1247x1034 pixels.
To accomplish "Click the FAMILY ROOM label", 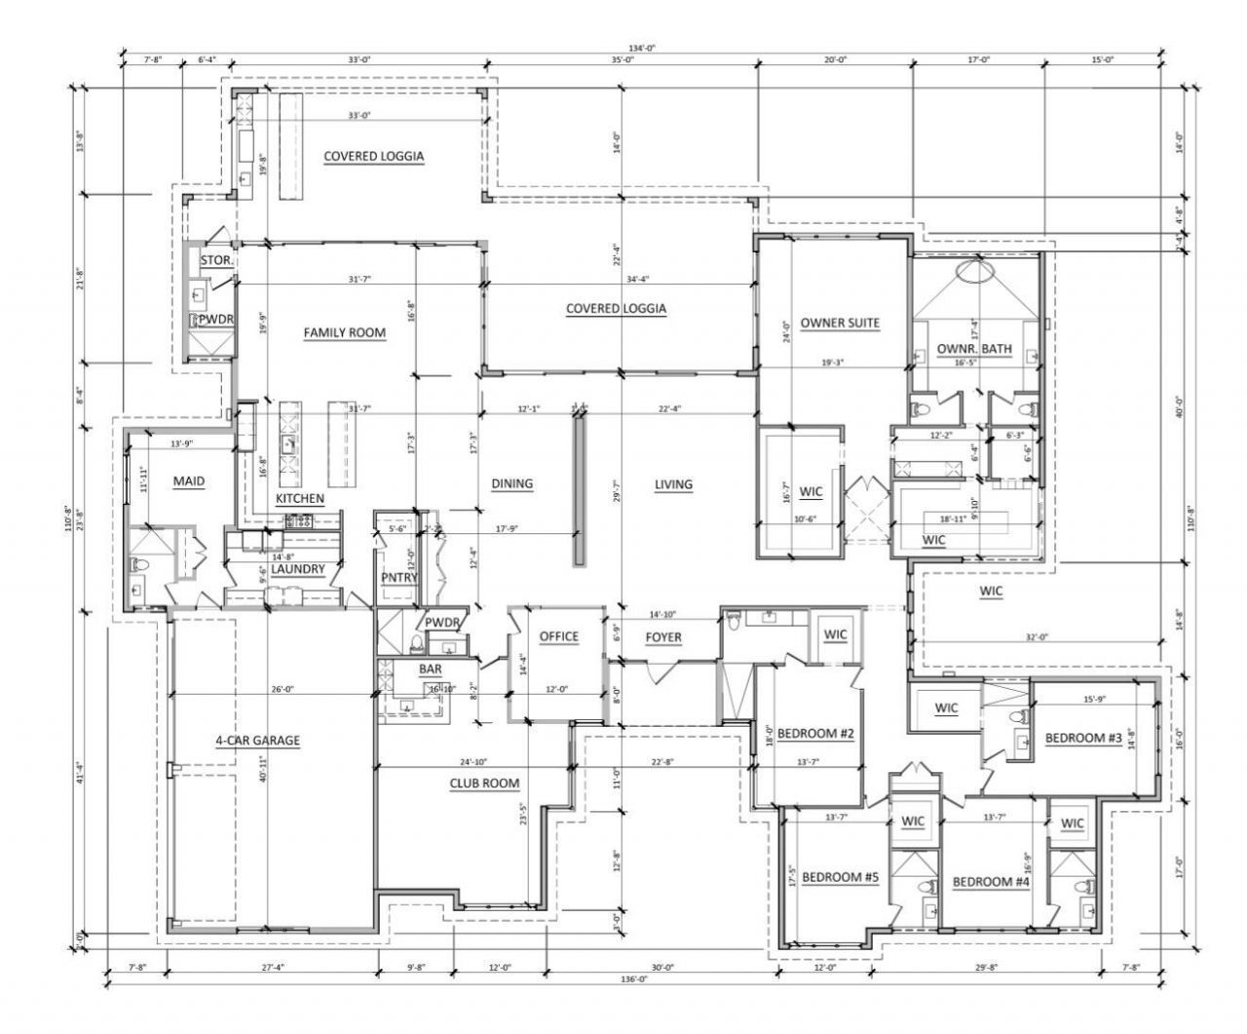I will coord(344,333).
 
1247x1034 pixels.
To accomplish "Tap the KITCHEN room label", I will coord(299,499).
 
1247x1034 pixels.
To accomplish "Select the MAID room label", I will coord(188,481).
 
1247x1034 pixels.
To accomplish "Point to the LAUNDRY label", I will coord(297,569).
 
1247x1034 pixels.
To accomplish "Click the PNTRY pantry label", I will coord(399,578).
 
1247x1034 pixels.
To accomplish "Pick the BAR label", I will coord(430,670).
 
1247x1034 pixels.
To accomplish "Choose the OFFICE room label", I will coord(558,637).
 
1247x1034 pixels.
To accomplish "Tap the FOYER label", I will coord(663,638).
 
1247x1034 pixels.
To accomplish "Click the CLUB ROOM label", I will coord(484,784).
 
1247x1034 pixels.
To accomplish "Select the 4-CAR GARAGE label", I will coord(257,741).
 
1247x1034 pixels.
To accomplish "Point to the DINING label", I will coord(511,484).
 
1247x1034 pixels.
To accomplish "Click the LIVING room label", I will coord(673,484).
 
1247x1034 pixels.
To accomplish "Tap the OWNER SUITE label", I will coord(840,324).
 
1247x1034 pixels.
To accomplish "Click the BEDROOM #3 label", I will coord(1083,739).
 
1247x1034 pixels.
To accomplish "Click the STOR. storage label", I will coord(214,261).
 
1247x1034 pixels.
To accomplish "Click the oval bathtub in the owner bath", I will coord(974,272).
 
